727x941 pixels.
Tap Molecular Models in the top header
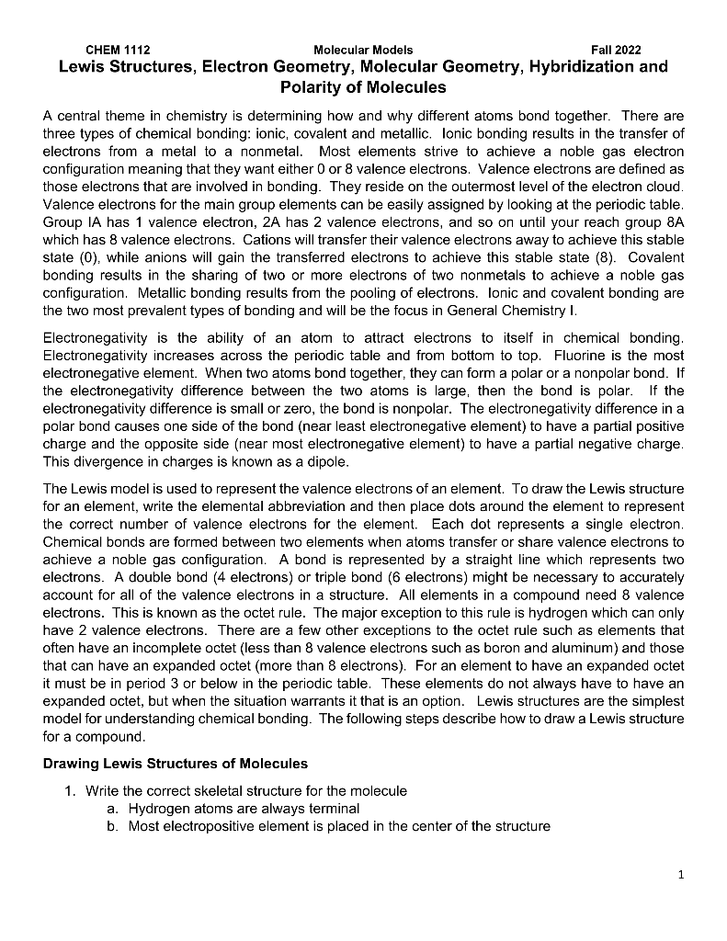[x=363, y=50]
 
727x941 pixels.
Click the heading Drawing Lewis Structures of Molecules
[x=176, y=764]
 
